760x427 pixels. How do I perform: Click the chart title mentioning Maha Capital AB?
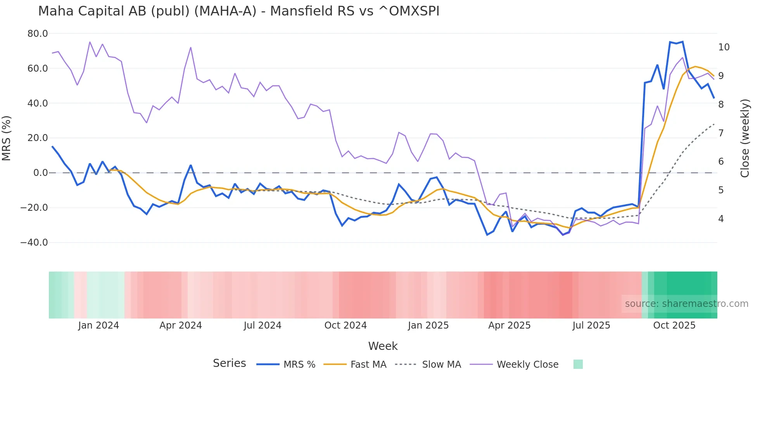coord(238,11)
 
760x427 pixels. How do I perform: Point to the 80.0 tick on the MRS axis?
coord(38,34)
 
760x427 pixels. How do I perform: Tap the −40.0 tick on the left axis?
coord(34,243)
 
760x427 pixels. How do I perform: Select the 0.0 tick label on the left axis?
coord(41,173)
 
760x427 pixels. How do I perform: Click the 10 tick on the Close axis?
coord(724,47)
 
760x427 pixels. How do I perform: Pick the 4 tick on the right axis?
coord(721,219)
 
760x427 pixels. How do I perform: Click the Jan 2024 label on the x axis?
coord(98,325)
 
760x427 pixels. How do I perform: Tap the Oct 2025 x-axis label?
coord(674,325)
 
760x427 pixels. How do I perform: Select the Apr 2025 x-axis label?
coord(509,325)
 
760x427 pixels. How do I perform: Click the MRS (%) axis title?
coord(7,138)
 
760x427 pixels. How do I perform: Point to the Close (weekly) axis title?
coord(744,138)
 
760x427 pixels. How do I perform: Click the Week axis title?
coord(383,346)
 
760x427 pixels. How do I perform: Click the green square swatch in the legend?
coord(578,365)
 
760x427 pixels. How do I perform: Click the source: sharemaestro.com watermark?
coord(686,304)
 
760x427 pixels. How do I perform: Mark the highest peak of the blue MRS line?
coord(682,42)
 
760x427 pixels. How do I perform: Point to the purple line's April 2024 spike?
coord(191,48)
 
